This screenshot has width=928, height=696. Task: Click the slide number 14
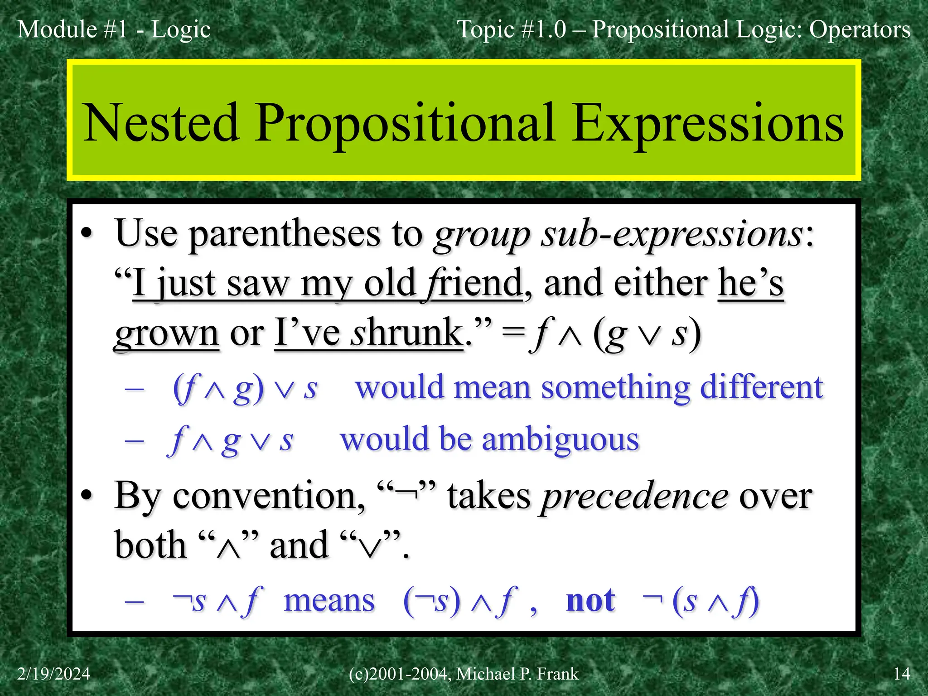(901, 674)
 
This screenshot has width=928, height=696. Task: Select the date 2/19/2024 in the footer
(53, 674)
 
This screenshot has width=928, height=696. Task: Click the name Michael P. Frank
(517, 674)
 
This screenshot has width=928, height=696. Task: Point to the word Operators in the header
(860, 29)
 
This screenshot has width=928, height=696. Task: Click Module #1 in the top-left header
(72, 29)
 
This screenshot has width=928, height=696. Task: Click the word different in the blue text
(761, 388)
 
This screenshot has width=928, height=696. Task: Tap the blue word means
(329, 601)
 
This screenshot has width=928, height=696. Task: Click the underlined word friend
(474, 284)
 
